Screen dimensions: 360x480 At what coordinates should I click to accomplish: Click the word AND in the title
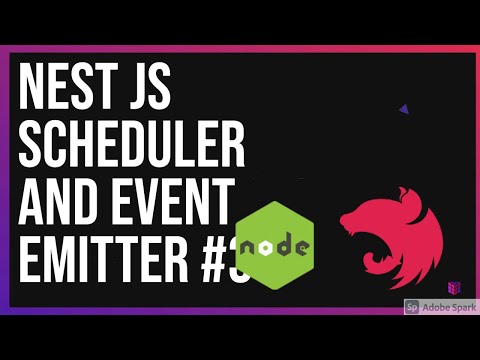click(60, 199)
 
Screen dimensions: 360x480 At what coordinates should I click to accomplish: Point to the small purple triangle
click(402, 109)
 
